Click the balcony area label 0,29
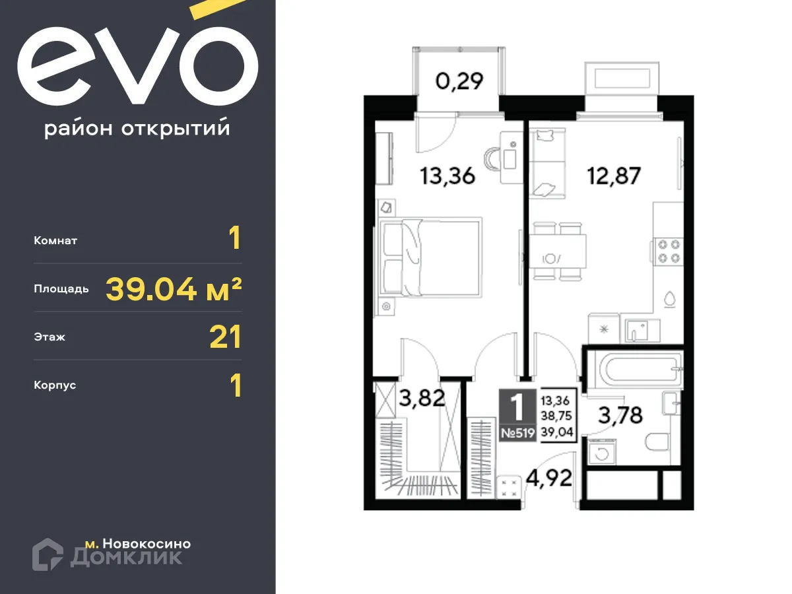tap(459, 81)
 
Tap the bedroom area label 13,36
tap(447, 176)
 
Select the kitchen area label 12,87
tap(614, 176)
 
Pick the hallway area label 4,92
tap(548, 477)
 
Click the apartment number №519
tap(517, 433)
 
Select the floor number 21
tap(225, 337)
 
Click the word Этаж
tap(49, 337)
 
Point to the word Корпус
tap(55, 385)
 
